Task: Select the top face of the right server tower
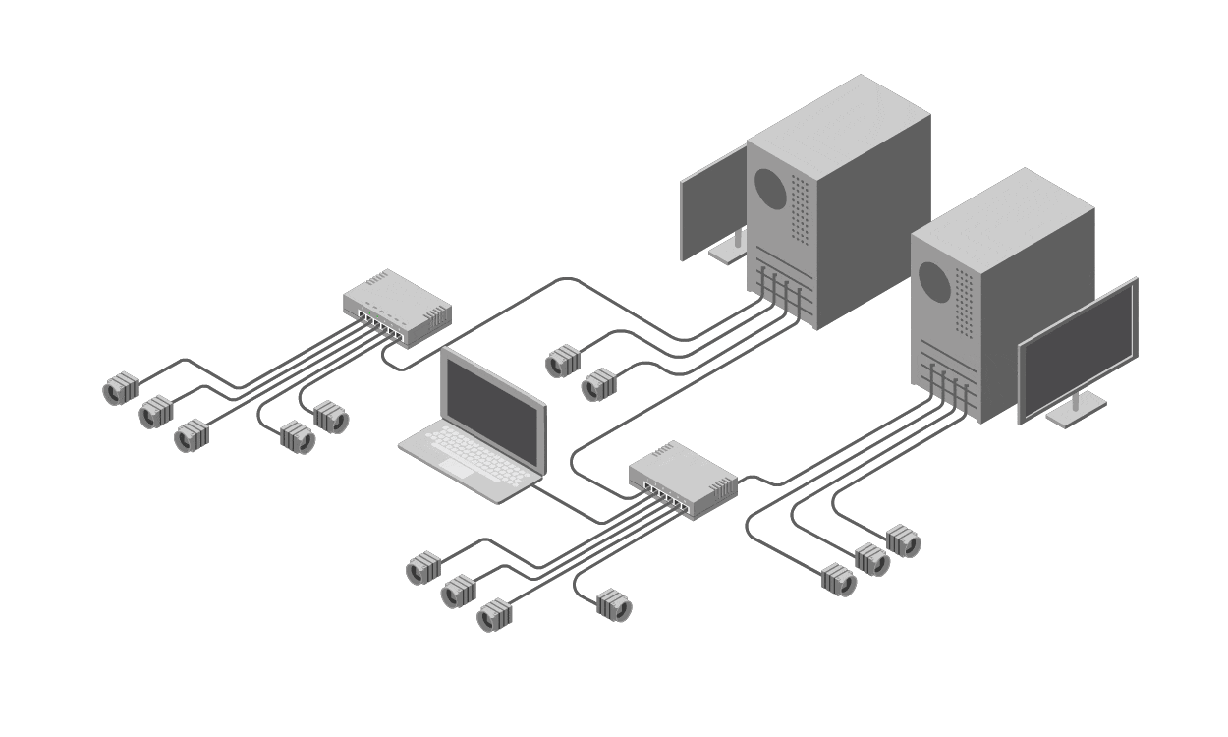tap(1002, 207)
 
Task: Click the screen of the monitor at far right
tap(1079, 350)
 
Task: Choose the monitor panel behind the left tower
tap(712, 201)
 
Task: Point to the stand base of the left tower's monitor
tap(728, 252)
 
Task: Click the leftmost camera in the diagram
tap(120, 390)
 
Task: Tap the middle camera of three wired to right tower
tap(871, 558)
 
